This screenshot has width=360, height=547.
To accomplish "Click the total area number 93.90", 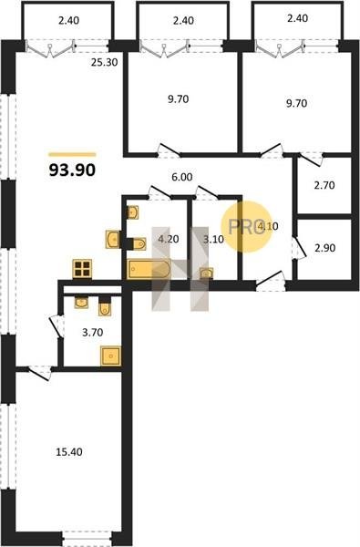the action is pyautogui.click(x=72, y=170).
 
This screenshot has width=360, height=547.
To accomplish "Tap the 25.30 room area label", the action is pyautogui.click(x=104, y=62).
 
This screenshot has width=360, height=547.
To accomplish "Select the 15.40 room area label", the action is pyautogui.click(x=69, y=452).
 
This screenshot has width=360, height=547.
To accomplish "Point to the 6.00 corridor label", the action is pyautogui.click(x=181, y=177).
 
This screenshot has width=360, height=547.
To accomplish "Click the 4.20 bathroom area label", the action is pyautogui.click(x=168, y=239).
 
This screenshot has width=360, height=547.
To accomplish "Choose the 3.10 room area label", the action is pyautogui.click(x=213, y=239).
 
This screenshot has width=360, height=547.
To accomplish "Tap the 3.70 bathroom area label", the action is pyautogui.click(x=92, y=333).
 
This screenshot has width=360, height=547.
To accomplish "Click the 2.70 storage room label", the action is pyautogui.click(x=324, y=185).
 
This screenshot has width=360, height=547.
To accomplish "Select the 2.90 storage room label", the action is pyautogui.click(x=325, y=248).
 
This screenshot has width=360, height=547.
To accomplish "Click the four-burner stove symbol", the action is pyautogui.click(x=82, y=269).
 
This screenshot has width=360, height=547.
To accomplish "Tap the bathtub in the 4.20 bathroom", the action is pyautogui.click(x=149, y=270).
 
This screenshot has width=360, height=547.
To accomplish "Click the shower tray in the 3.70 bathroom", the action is pyautogui.click(x=111, y=356).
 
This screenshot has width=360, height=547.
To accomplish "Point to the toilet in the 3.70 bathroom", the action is pyautogui.click(x=105, y=306).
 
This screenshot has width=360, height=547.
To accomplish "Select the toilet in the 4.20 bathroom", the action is pyautogui.click(x=137, y=243).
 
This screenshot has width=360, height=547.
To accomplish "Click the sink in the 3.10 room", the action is pyautogui.click(x=207, y=273).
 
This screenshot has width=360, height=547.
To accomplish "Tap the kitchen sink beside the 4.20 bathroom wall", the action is pyautogui.click(x=113, y=239).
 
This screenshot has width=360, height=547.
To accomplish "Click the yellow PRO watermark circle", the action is pyautogui.click(x=247, y=227).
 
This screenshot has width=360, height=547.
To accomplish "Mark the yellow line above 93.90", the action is pyautogui.click(x=72, y=154).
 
